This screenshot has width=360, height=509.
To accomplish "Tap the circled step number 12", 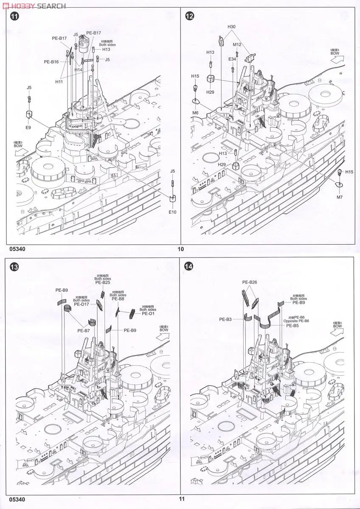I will point(190,17).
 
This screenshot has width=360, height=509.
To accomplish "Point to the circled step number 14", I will point(189,267).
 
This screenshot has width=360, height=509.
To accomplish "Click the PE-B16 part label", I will point(51,62).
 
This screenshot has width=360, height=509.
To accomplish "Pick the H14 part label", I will point(78,70).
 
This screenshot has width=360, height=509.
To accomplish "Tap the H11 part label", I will point(59,81).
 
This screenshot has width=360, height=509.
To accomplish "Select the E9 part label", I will point(28,127).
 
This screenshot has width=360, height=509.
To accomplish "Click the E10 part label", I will point(172,212).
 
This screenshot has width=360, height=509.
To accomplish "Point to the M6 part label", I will point(195,112).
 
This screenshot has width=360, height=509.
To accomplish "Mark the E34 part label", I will point(232,59).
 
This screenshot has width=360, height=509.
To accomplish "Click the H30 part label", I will point(231,27).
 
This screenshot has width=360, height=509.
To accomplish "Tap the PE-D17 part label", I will point(82,304).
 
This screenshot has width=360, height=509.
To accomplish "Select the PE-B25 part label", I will point(103,282).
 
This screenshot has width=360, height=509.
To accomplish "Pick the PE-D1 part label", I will point(148,314).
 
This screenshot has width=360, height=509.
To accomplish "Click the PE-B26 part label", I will point(250,282).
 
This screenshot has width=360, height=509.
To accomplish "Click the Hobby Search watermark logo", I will point(34,6).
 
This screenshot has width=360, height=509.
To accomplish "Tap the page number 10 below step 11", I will point(180,249).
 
